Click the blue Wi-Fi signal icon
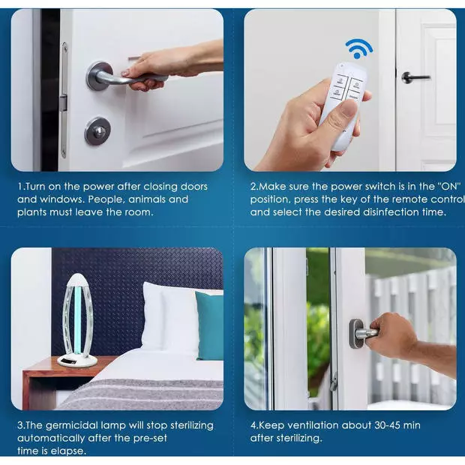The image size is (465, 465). pyautogui.click(x=358, y=48)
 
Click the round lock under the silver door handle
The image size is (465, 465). pyautogui.click(x=97, y=131)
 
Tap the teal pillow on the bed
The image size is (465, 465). pyautogui.click(x=209, y=325)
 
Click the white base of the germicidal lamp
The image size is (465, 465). pyautogui.click(x=77, y=359)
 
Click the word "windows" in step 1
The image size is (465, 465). pyautogui.click(x=59, y=199)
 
